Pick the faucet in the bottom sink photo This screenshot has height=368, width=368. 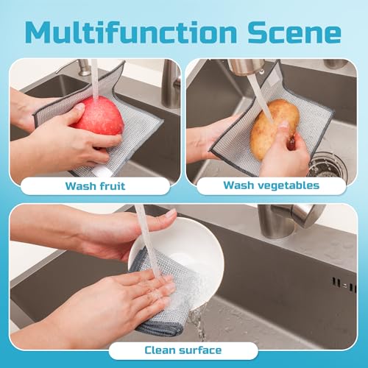[294, 217]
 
